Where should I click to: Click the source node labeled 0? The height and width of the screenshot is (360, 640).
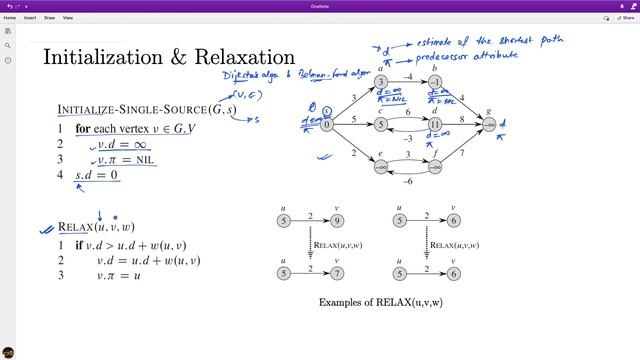click(x=327, y=125)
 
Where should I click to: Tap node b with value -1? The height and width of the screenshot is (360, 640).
click(x=435, y=83)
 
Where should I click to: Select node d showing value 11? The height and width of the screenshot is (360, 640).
click(x=435, y=125)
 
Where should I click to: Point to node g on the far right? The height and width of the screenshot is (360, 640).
click(x=489, y=125)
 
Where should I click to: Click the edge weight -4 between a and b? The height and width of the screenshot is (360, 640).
click(x=408, y=75)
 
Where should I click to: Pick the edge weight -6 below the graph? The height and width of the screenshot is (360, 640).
click(x=408, y=181)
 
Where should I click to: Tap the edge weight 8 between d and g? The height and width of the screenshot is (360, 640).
click(x=462, y=118)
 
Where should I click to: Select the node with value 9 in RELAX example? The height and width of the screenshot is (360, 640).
click(x=337, y=220)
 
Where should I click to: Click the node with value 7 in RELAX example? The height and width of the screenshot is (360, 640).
click(x=337, y=271)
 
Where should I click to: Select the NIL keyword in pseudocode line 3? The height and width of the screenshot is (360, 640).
click(x=148, y=160)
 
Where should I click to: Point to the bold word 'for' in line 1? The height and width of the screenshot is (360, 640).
click(x=86, y=129)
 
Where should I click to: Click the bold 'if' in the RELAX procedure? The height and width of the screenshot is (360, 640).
click(x=79, y=245)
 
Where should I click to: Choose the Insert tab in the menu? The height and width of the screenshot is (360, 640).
click(x=30, y=18)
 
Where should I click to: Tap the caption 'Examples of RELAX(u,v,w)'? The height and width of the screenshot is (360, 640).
click(x=380, y=301)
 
